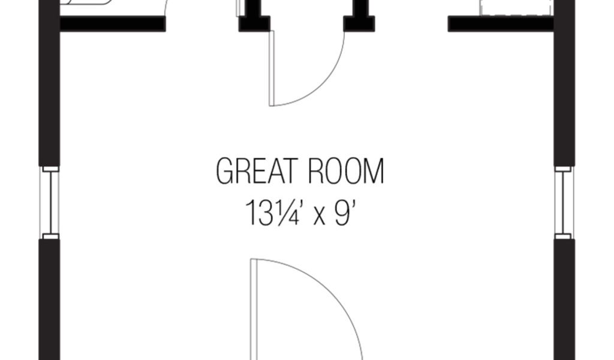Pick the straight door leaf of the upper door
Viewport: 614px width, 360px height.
point(272,68)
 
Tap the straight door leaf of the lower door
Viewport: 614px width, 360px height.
point(254,309)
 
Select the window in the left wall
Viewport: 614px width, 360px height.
point(50,202)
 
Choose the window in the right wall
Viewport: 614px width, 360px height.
point(564,202)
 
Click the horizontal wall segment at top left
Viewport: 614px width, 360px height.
point(112,24)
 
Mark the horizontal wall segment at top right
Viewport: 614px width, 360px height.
point(501,24)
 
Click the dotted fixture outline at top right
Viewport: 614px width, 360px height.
point(516,7)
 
